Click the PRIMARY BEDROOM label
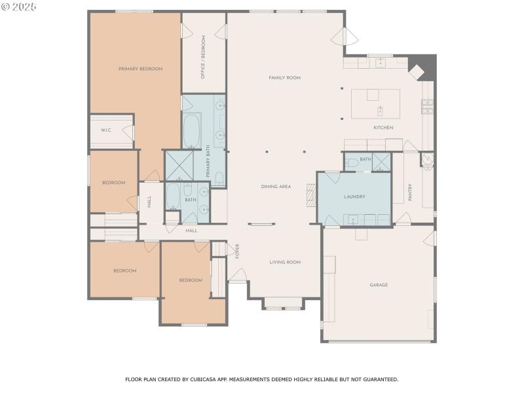pyautogui.click(x=140, y=69)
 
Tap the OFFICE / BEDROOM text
pyautogui.click(x=203, y=58)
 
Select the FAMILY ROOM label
pyautogui.click(x=284, y=78)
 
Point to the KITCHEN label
pyautogui.click(x=383, y=128)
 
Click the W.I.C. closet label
pyautogui.click(x=106, y=130)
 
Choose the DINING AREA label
pyautogui.click(x=276, y=187)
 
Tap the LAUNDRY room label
pyautogui.click(x=354, y=196)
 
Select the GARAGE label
pyautogui.click(x=379, y=285)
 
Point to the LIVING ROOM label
pyautogui.click(x=285, y=262)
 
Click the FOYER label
pyautogui.click(x=238, y=251)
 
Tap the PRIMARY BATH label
pyautogui.click(x=207, y=160)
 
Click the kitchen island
pyautogui.click(x=375, y=103)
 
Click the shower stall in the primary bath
pyautogui.click(x=177, y=165)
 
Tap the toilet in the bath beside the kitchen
pyautogui.click(x=352, y=162)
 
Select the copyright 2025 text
pyautogui.click(x=19, y=7)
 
